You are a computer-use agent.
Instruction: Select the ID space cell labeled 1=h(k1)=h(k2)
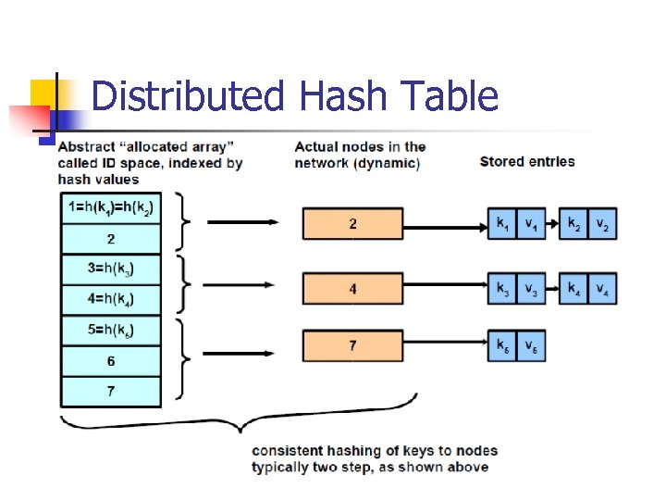[x=111, y=208]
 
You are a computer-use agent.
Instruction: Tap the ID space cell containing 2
[x=111, y=239]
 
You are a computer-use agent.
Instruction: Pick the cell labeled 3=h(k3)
[x=111, y=269]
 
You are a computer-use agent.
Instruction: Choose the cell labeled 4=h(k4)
[x=111, y=300]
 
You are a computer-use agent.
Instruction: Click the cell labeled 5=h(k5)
[x=111, y=331]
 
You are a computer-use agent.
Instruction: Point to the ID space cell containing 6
[x=111, y=361]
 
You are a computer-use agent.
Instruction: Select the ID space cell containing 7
[x=111, y=392]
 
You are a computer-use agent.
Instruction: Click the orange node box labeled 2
[x=352, y=224]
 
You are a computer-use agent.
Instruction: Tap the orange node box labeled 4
[x=352, y=289]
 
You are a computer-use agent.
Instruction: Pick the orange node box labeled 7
[x=352, y=345]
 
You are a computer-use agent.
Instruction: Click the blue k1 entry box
[x=502, y=224]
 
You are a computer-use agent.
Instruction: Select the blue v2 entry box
[x=601, y=224]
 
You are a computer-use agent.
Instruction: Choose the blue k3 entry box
[x=502, y=289]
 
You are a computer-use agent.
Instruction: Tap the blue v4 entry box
[x=601, y=289]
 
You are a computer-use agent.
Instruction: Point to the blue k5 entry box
[x=502, y=345]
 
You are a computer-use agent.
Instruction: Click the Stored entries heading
[x=527, y=161]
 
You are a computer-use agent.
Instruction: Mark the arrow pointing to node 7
[x=242, y=352]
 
